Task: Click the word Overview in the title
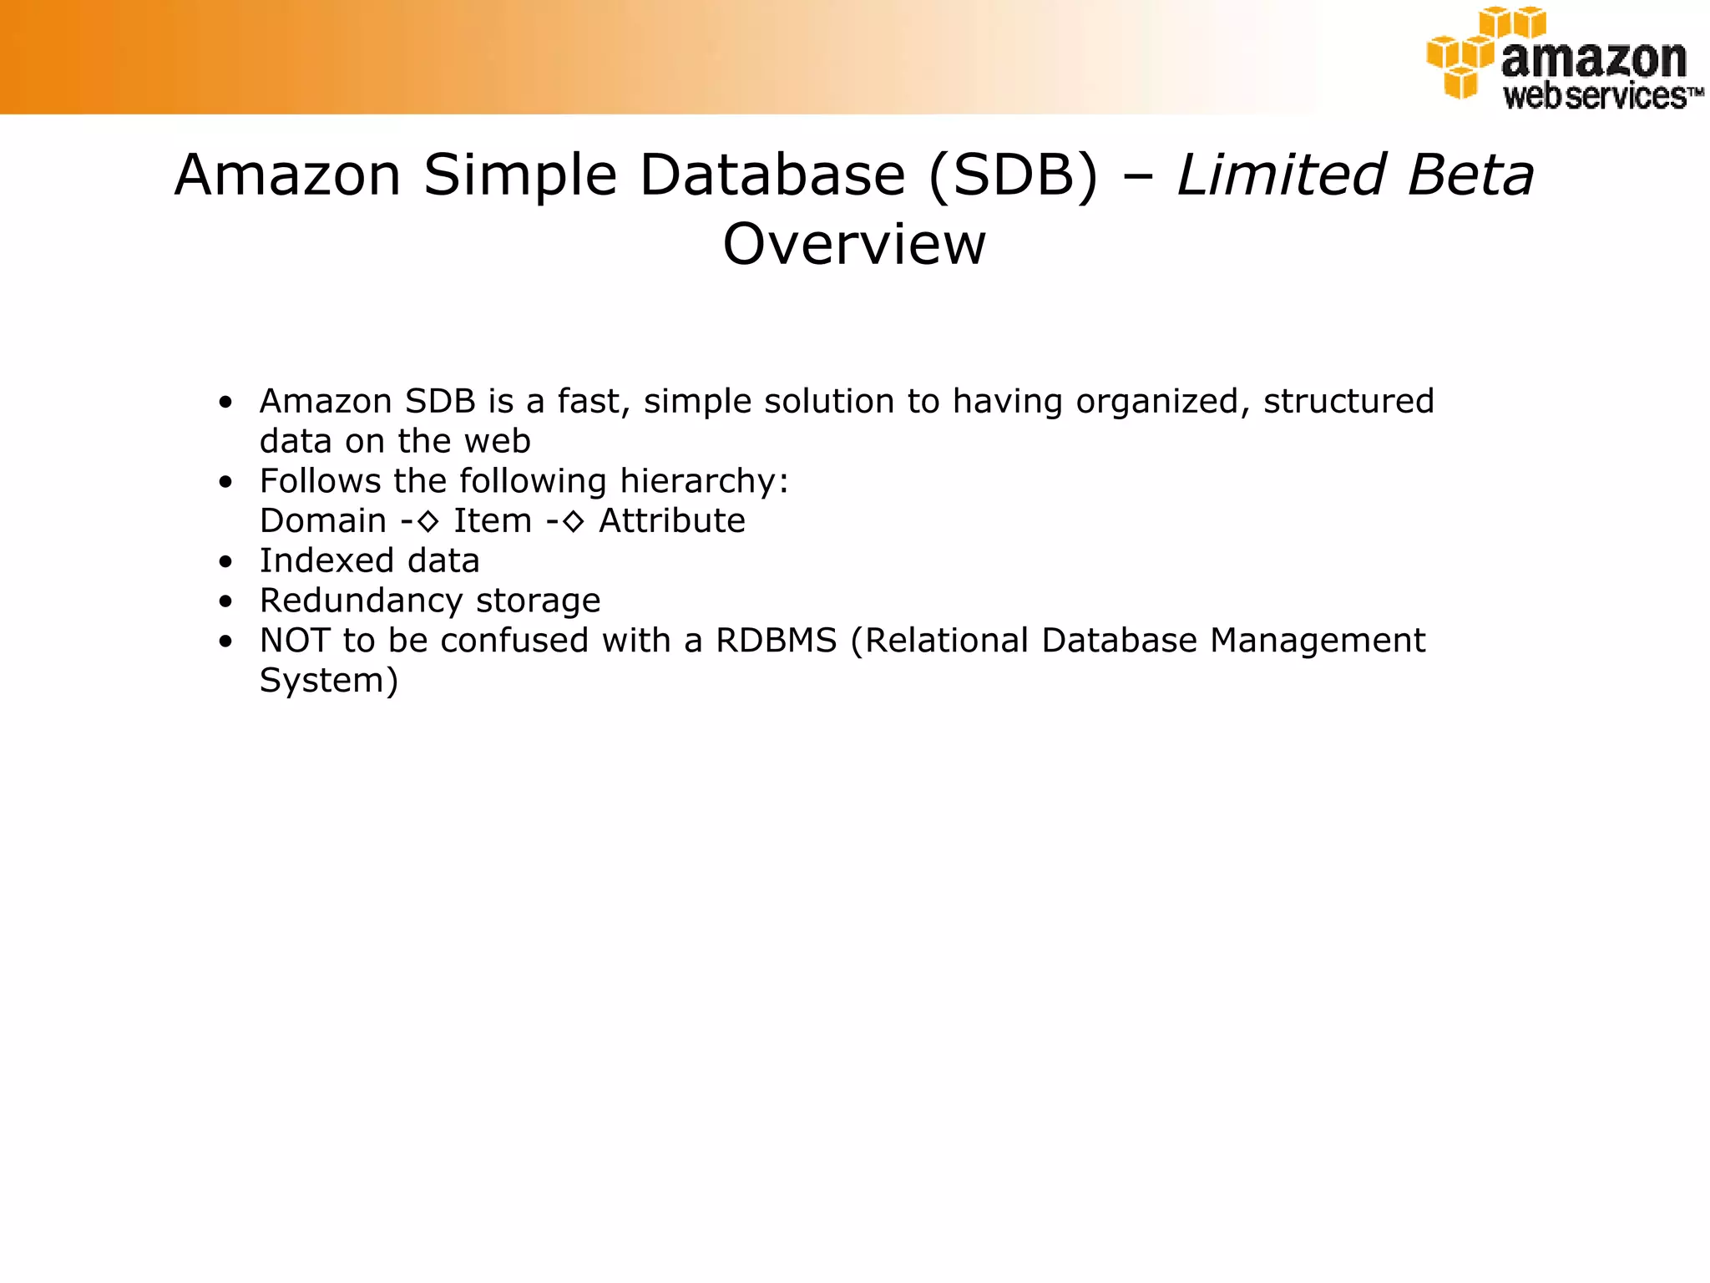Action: tap(853, 244)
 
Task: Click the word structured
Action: tap(1348, 401)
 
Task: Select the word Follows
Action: tap(320, 481)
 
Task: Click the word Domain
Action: tap(322, 521)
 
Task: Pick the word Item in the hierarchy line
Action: tap(492, 521)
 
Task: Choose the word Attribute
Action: tap(672, 521)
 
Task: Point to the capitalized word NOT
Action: tap(294, 641)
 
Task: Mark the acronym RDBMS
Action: tap(776, 641)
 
